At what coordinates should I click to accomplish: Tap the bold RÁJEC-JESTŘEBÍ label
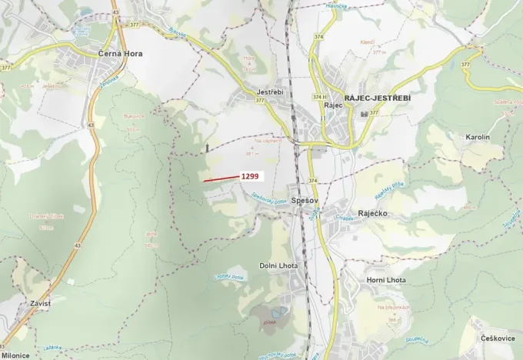pos(378,98)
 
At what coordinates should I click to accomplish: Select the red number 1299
pos(251,176)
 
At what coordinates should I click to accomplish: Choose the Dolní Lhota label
pos(278,265)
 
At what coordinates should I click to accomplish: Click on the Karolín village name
pos(477,137)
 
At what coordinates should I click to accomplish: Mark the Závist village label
pos(40,304)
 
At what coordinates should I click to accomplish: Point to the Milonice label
pos(15,355)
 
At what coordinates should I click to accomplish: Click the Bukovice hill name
pos(134,116)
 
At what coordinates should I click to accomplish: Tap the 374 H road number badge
pos(318,96)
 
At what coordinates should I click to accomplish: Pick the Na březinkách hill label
pos(391,308)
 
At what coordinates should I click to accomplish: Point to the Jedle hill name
pos(151,235)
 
